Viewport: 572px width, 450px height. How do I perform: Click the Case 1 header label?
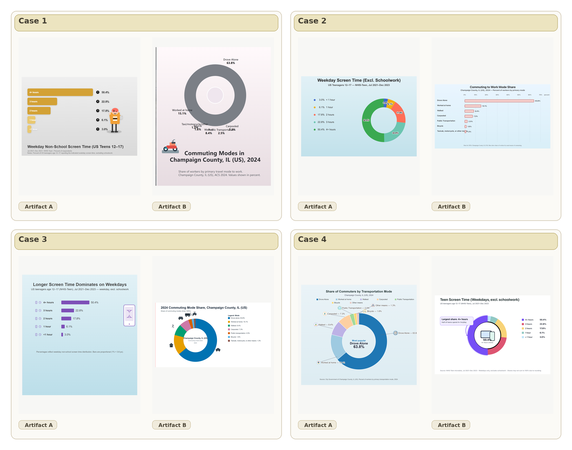(33, 21)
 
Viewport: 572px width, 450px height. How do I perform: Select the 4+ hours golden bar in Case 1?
(60, 92)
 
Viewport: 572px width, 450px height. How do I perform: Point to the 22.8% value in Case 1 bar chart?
(105, 102)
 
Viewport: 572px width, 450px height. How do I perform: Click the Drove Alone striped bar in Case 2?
(499, 101)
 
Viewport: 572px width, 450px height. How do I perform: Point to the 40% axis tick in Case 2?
(508, 95)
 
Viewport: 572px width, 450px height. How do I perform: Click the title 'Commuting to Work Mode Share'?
(492, 87)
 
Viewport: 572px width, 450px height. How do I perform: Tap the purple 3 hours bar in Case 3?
(67, 311)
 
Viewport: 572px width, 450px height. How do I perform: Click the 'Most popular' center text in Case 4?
(359, 341)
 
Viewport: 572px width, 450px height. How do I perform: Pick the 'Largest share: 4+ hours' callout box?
(456, 321)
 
